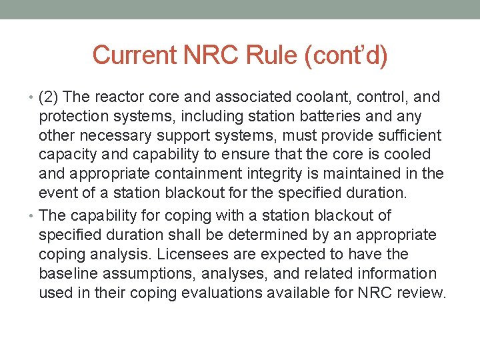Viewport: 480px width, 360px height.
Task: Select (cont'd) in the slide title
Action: click(345, 55)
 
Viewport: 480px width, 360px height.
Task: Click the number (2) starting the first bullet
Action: click(49, 97)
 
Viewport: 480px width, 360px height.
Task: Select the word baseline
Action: click(67, 274)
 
